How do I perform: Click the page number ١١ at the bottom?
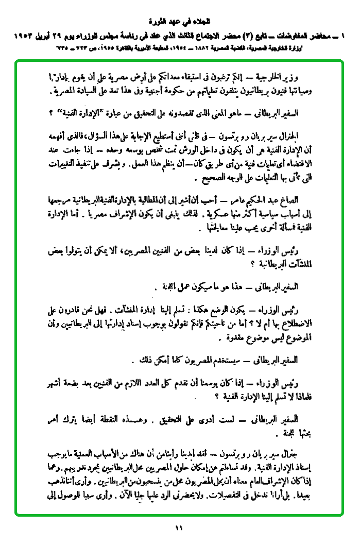click(x=179, y=527)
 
